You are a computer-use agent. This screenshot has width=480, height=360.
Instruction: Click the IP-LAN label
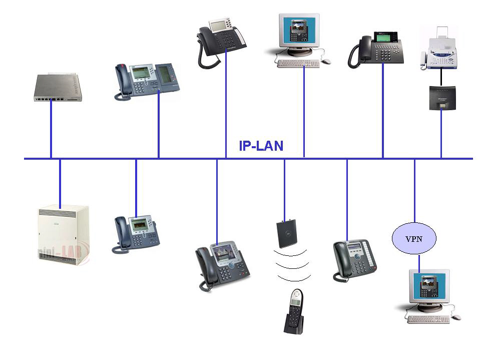[x=261, y=146]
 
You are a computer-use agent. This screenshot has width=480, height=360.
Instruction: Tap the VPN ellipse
[x=414, y=238]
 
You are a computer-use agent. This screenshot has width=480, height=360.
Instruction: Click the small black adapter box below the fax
[x=441, y=98]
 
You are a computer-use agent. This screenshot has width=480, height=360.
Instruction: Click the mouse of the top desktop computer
[x=326, y=61]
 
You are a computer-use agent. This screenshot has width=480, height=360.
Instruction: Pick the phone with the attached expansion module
[x=147, y=80]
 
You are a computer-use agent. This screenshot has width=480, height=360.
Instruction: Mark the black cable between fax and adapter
[x=441, y=78]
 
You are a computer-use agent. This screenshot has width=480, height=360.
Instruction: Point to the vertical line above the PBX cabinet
[x=60, y=183]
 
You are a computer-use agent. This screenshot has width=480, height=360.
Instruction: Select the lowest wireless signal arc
[x=294, y=277]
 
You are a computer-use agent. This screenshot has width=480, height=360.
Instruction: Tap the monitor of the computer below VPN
[x=429, y=287]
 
